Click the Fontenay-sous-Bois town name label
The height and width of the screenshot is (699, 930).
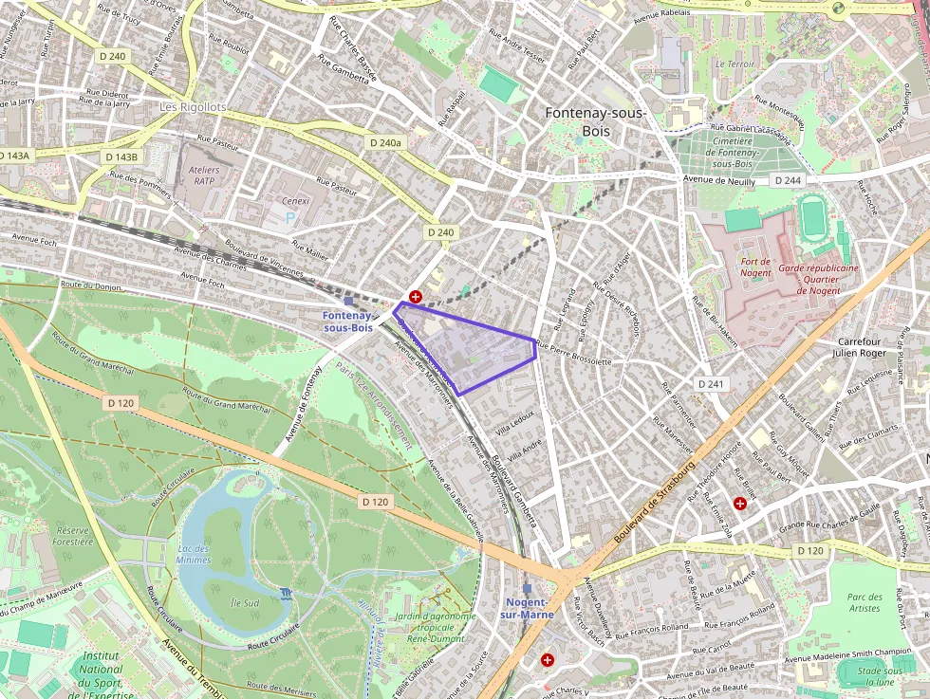coord(595,121)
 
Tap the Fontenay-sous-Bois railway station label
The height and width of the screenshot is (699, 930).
coord(347,321)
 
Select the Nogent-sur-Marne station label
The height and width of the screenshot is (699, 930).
coord(527,608)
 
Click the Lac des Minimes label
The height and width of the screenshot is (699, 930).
coord(194,554)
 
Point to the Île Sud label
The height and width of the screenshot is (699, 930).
coord(245,602)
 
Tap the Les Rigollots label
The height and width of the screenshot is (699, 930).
coord(194,107)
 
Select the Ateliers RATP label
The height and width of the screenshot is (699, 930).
coord(206,175)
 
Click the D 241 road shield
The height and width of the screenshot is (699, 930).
coord(711,384)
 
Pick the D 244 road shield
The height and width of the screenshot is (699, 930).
coord(787,180)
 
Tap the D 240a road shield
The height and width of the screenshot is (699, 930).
coord(383,142)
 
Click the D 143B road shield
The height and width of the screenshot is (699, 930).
coord(121,156)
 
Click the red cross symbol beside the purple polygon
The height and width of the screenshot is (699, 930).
coord(415,297)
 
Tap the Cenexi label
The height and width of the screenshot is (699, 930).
coord(297,201)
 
